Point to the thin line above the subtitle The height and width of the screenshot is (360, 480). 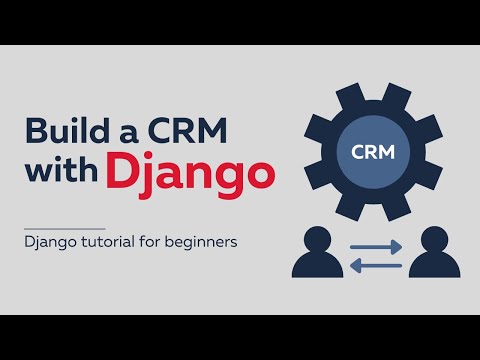click(x=65, y=229)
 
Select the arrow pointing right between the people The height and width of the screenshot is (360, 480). click(x=376, y=246)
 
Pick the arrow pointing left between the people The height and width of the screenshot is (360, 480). click(x=376, y=264)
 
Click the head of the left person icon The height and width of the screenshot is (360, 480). click(x=316, y=240)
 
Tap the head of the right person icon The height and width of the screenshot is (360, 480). click(x=434, y=240)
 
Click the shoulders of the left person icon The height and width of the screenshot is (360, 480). click(x=316, y=266)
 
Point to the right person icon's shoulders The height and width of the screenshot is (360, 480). click(x=434, y=266)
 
